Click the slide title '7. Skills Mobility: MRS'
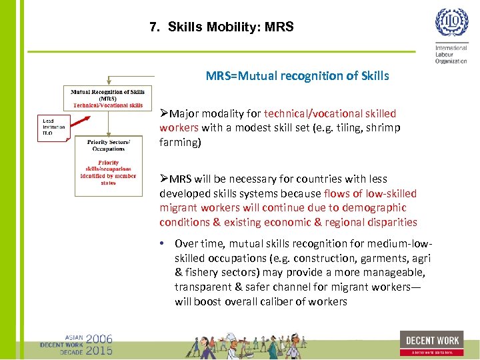pos(221,27)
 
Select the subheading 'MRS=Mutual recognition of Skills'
pos(297,76)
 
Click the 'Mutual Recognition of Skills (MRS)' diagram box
pos(107,98)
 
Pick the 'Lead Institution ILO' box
pos(53,127)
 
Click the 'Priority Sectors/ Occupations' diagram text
pos(107,145)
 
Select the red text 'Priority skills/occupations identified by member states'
pos(108,172)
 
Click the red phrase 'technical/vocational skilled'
pos(330,114)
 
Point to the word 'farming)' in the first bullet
pos(179,142)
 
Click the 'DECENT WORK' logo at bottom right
pos(431,342)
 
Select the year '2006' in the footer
pos(99,338)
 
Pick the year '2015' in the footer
pos(99,349)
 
